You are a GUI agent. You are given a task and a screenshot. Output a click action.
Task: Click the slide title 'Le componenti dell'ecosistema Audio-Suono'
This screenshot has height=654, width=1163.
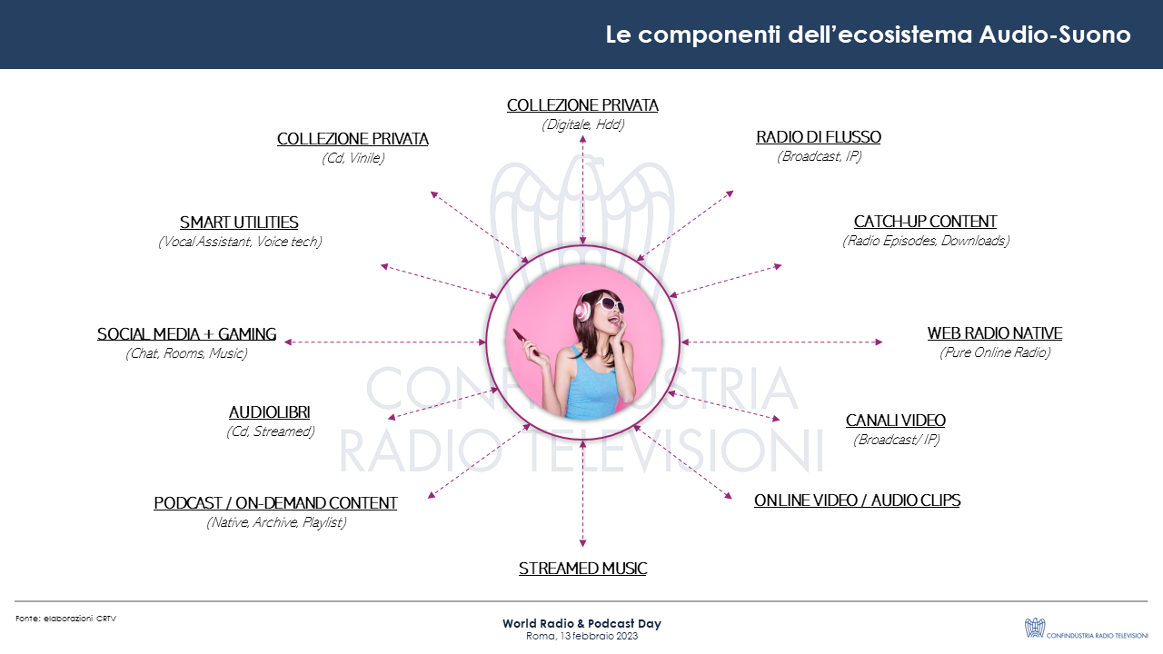[868, 35]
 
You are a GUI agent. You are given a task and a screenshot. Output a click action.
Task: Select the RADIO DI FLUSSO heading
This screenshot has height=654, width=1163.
[818, 137]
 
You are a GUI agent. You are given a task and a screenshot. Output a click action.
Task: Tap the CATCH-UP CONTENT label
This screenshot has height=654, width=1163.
[925, 222]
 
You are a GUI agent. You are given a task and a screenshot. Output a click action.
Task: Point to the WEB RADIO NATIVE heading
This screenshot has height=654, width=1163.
[994, 333]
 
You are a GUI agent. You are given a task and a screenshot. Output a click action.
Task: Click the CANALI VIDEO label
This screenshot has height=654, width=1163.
[895, 421]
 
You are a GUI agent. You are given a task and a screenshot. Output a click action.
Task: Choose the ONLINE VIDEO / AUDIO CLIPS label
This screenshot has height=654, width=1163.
[857, 500]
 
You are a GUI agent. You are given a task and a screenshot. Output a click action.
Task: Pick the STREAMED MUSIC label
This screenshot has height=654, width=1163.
[582, 569]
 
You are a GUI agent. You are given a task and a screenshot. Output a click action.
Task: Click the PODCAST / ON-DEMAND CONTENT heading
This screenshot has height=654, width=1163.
[275, 503]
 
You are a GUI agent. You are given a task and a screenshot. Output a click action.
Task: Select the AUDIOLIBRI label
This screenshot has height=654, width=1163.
[270, 412]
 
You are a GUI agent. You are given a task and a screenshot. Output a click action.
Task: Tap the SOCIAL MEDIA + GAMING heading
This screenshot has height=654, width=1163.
[186, 334]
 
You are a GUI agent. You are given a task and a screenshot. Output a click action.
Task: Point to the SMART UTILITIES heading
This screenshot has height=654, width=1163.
[239, 223]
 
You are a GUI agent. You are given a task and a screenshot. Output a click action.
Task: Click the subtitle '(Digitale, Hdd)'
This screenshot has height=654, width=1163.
[582, 124]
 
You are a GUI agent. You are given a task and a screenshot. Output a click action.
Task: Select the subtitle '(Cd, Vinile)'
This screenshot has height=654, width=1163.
[353, 158]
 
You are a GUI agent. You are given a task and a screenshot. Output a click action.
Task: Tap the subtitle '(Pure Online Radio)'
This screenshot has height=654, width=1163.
[994, 352]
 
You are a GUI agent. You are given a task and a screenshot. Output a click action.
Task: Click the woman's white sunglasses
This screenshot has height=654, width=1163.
[600, 307]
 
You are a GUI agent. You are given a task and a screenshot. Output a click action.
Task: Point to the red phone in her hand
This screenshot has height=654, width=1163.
[525, 342]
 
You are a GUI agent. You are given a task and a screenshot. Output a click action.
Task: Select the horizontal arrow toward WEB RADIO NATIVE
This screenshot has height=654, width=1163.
[781, 342]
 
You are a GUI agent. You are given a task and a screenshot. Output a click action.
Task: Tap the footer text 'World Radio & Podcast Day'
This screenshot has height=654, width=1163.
[581, 624]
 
